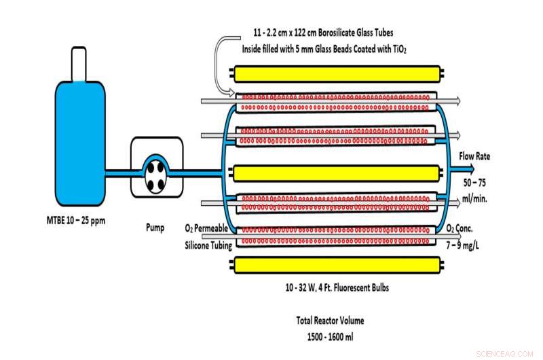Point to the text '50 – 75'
475,183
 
